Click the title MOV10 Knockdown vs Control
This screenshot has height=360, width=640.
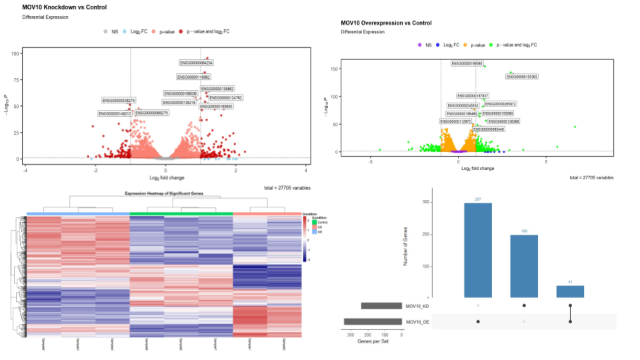[65, 7]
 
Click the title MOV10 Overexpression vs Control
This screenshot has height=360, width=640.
[386, 23]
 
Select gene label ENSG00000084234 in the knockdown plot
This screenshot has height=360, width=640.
[196, 63]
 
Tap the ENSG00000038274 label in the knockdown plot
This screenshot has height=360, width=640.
[119, 100]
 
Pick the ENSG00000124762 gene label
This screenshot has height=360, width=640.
[226, 98]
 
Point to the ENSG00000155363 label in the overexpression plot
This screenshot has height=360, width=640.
[521, 77]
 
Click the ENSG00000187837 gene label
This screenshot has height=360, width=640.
[473, 96]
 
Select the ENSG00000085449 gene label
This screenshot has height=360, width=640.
[489, 129]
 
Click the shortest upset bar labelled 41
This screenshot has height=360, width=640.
[570, 291]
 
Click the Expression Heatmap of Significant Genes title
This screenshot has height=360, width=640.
[163, 193]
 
